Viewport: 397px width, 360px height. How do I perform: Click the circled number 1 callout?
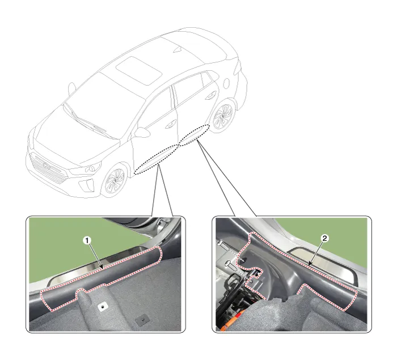87,240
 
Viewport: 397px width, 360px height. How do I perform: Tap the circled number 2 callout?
324,238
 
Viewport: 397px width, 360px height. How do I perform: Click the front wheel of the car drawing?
115,180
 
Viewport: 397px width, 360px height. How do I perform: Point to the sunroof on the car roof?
139,71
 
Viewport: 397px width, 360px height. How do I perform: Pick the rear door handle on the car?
210,96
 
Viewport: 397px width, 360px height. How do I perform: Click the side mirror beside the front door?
142,133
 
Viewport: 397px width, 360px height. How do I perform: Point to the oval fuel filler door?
226,83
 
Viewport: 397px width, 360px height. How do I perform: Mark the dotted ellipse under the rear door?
194,135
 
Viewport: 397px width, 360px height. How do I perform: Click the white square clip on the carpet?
103,307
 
